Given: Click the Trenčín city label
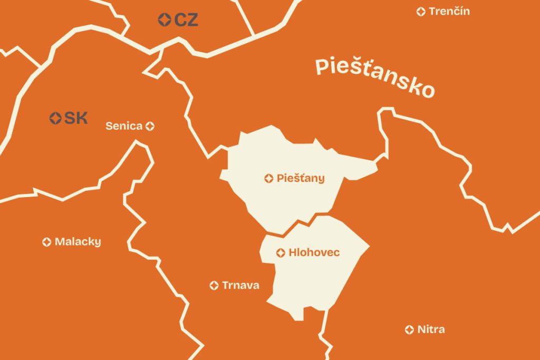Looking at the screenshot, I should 449,11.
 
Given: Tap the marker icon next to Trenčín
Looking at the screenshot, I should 421,12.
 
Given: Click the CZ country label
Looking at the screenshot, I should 186,20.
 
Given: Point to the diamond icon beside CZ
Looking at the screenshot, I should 165,20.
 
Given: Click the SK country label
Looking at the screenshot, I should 76,118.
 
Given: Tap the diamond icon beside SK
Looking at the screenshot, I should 55,118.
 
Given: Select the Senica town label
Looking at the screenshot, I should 124,126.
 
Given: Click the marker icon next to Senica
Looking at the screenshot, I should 150,126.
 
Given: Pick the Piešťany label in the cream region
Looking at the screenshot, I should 301,178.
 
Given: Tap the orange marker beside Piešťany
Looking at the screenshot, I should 269,179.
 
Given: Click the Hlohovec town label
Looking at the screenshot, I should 314,253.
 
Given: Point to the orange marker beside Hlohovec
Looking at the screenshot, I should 281,253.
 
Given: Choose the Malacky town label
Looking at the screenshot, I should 78,242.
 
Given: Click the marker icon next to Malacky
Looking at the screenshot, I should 47,242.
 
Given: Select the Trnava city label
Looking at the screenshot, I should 240,285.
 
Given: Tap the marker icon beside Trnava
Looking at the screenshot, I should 214,285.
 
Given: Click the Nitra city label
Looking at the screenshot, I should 431,329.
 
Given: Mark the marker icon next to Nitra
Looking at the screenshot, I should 409,329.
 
